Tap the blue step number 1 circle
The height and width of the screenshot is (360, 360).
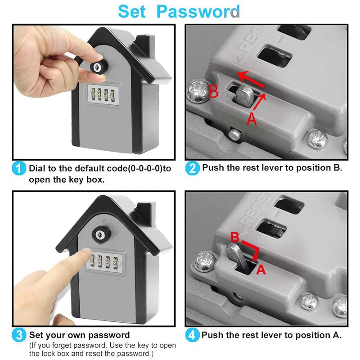[x=18, y=169]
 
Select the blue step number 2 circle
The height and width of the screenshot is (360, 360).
[x=192, y=168]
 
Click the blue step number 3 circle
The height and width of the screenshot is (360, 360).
[x=18, y=335]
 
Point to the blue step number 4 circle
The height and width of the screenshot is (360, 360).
[x=192, y=335]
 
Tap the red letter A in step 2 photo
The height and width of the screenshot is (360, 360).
[x=252, y=119]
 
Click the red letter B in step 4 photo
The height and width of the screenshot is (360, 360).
[x=234, y=237]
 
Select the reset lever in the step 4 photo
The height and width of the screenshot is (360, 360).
[x=238, y=256]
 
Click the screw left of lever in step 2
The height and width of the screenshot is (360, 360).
[x=197, y=90]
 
